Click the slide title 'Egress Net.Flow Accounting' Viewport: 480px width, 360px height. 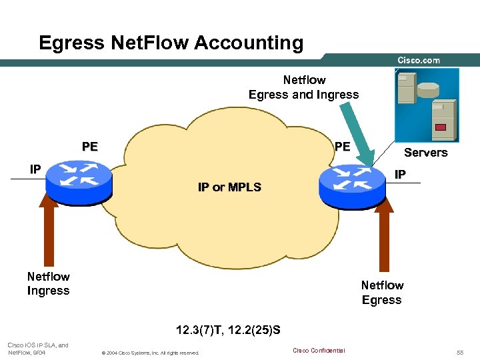pos(171,43)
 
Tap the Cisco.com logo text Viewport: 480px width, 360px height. pos(419,60)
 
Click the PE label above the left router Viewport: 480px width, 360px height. pos(89,147)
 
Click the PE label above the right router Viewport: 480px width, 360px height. pos(342,147)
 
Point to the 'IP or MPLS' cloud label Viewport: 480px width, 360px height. pos(229,187)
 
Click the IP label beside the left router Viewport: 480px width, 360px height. pos(35,169)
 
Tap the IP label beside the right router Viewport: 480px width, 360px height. pos(400,175)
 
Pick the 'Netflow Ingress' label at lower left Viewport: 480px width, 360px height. pos(48,283)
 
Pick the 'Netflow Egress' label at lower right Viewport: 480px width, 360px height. pos(382,293)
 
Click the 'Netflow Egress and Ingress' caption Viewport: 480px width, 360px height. pos(303,87)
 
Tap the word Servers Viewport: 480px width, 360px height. pos(425,153)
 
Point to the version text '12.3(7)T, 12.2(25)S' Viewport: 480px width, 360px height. pos(228,329)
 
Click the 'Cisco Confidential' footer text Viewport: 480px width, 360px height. pos(319,351)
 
